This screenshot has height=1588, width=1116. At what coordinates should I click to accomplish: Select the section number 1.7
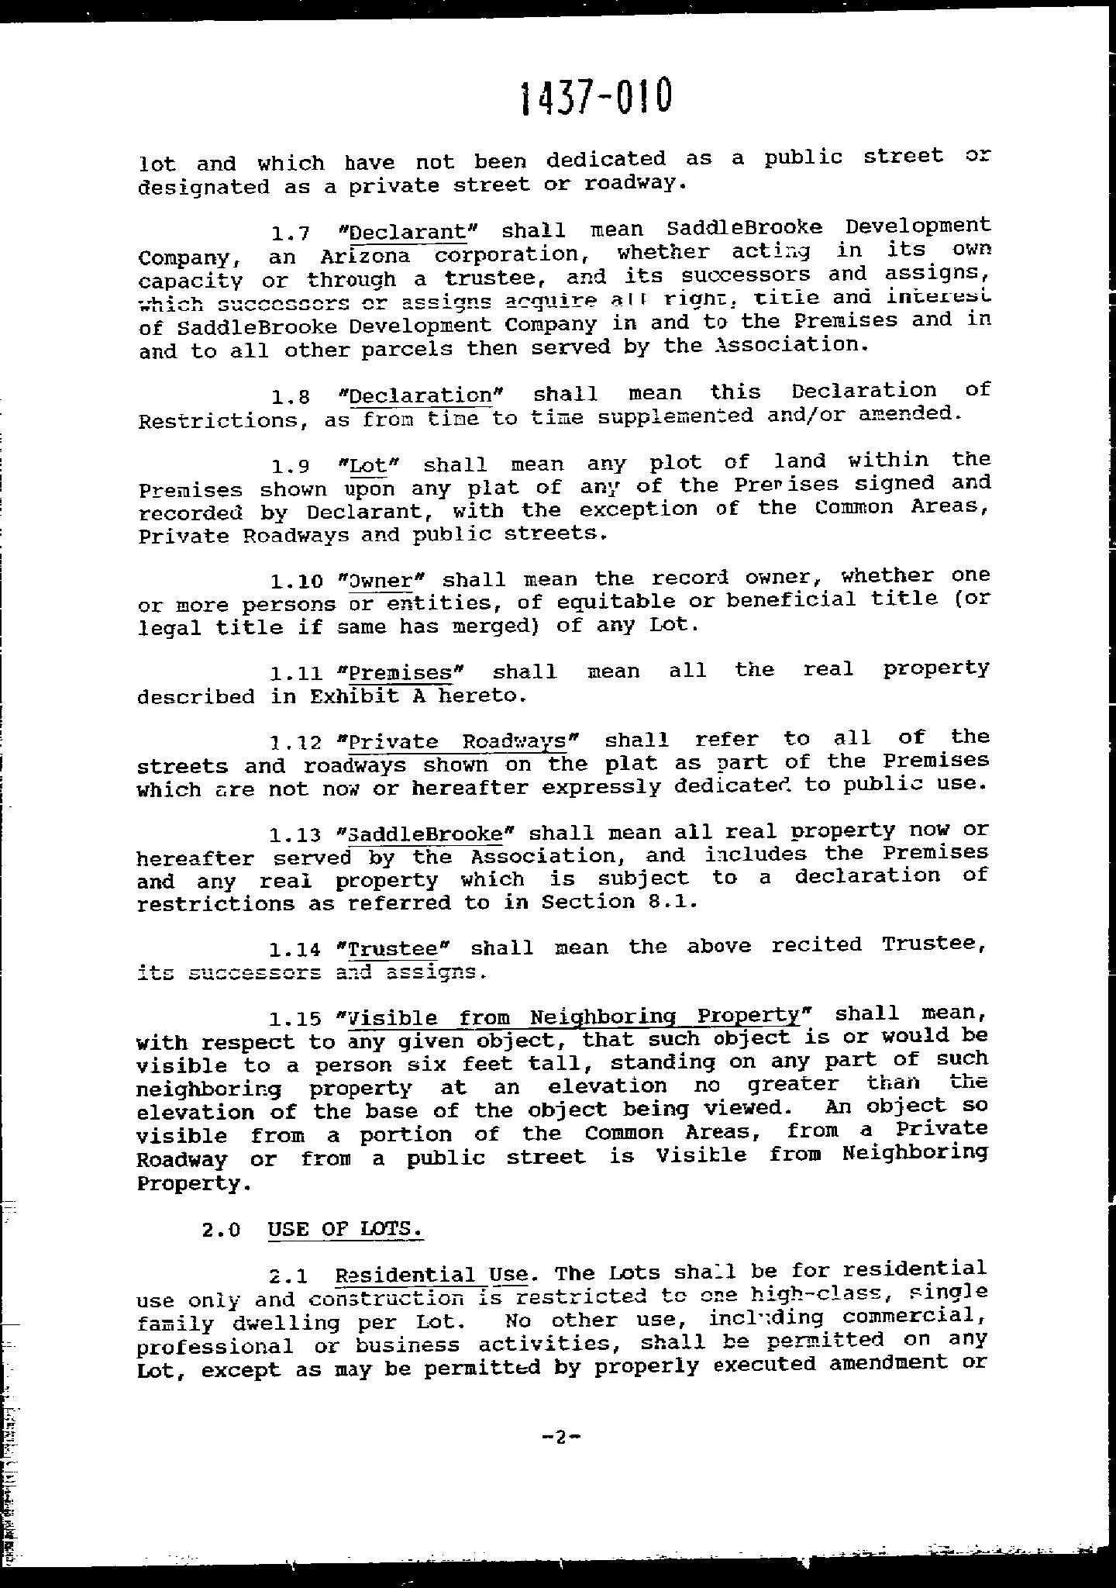click(x=290, y=233)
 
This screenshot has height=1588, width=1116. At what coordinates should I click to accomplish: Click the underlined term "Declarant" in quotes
click(x=408, y=232)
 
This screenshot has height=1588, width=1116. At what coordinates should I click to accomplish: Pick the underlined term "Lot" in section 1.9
click(x=368, y=465)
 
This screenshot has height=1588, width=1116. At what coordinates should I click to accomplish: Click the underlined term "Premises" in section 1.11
click(x=401, y=671)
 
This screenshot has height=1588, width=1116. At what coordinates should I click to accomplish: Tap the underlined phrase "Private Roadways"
click(x=458, y=741)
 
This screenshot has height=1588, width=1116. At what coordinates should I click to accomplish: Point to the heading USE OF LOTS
click(x=345, y=1229)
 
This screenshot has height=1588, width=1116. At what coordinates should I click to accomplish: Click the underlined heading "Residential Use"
click(x=432, y=1275)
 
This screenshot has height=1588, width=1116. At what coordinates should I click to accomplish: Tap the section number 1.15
click(x=294, y=1018)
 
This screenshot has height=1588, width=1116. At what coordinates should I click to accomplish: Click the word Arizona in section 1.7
click(x=364, y=256)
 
